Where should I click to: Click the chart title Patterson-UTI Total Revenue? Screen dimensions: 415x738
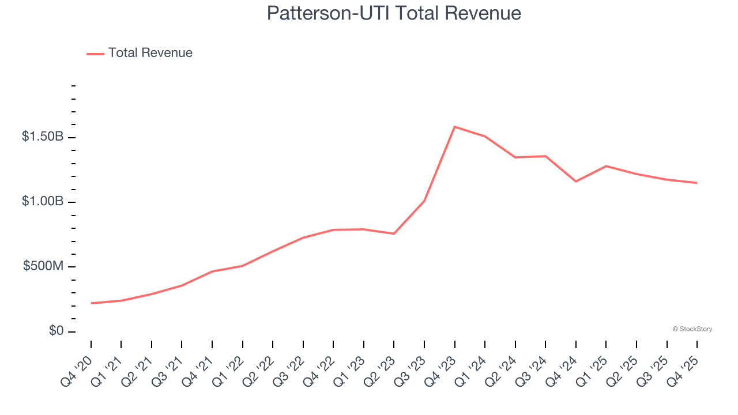pyautogui.click(x=394, y=13)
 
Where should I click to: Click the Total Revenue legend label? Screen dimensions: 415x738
pyautogui.click(x=150, y=53)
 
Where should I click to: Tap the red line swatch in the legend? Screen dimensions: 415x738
pyautogui.click(x=95, y=54)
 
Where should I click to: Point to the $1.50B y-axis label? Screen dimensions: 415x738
pyautogui.click(x=43, y=137)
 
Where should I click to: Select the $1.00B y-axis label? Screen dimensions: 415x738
pyautogui.click(x=43, y=202)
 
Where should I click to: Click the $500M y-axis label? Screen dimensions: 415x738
pyautogui.click(x=43, y=266)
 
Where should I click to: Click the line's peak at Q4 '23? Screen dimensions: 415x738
pyautogui.click(x=455, y=127)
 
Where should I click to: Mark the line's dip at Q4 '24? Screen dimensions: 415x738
pyautogui.click(x=576, y=182)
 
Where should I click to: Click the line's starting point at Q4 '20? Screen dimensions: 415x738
pyautogui.click(x=91, y=303)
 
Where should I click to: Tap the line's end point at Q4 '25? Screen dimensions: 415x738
pyautogui.click(x=697, y=183)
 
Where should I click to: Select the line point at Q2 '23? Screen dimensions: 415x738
pyautogui.click(x=394, y=233)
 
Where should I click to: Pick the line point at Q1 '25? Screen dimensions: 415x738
pyautogui.click(x=606, y=166)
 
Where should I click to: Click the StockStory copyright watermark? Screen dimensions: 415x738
pyautogui.click(x=692, y=329)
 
